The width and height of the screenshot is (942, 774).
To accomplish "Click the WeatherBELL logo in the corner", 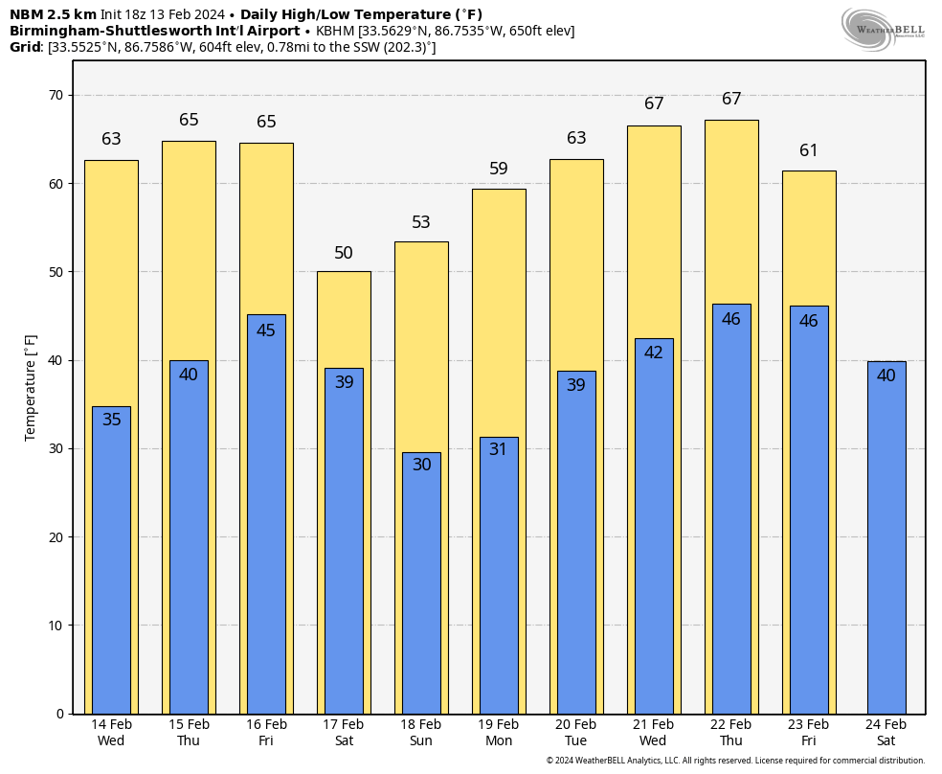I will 883,29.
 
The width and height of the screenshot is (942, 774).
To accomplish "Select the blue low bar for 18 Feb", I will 421,594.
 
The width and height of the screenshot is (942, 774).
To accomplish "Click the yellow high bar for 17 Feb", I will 344,316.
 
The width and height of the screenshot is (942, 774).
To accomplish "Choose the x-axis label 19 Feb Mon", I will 498,733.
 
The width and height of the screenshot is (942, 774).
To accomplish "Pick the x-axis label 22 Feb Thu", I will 730,733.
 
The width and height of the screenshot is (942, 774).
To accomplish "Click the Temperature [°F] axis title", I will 31,388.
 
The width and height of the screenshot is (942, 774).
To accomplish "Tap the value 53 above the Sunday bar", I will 421,222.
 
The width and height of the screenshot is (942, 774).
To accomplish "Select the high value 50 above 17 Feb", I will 344,253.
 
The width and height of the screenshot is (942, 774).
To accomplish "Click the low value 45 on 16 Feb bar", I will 266,330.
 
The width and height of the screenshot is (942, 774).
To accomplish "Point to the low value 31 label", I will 499,449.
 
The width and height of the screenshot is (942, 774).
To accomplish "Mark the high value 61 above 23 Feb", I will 809,150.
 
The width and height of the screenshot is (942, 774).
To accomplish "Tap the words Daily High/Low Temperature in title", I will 348,14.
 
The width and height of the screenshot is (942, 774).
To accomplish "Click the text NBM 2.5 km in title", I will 53,14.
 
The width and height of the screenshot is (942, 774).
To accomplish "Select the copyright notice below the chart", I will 735,761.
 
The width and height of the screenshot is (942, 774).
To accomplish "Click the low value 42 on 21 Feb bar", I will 654,353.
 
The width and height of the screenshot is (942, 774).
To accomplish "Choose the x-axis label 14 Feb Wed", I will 111,733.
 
